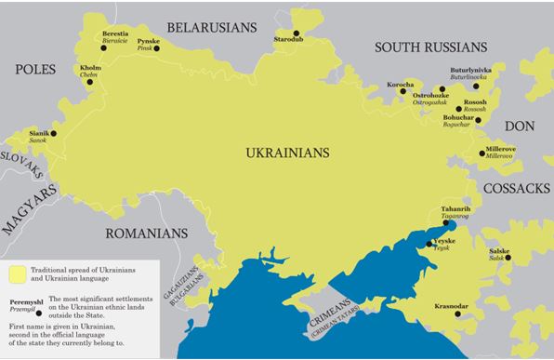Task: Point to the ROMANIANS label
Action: (x=141, y=233)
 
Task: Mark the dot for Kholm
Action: (x=91, y=82)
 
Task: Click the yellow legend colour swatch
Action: (x=18, y=273)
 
